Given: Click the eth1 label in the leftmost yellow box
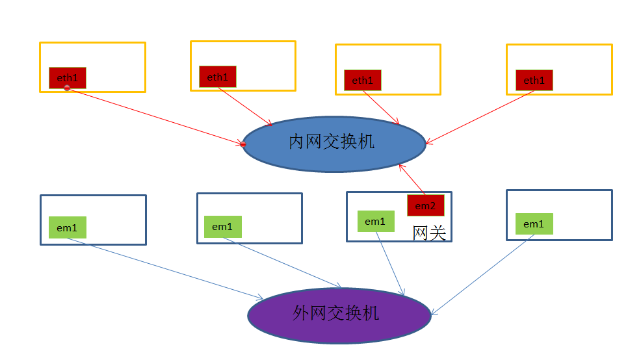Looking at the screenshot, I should click(x=68, y=77).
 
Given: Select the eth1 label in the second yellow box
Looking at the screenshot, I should click(x=218, y=77).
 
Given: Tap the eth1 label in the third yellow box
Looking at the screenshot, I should click(x=363, y=80).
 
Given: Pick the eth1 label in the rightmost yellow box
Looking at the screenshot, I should click(x=534, y=80).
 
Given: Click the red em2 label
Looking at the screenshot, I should click(x=426, y=205).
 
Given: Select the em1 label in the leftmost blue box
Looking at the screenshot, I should click(x=67, y=227).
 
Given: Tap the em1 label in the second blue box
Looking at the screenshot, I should click(x=222, y=226).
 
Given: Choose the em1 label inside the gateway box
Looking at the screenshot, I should click(x=375, y=221).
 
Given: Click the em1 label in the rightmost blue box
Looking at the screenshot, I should click(x=534, y=224).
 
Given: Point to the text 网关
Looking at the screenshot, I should click(x=430, y=233).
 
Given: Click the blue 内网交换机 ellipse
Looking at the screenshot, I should click(x=334, y=144).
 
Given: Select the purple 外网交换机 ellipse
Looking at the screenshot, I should click(x=339, y=316).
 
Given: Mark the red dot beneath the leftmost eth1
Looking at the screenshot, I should click(x=67, y=88).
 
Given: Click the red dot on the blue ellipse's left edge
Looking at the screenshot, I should click(x=243, y=144).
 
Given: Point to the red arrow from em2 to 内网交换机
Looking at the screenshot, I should click(x=412, y=179).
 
